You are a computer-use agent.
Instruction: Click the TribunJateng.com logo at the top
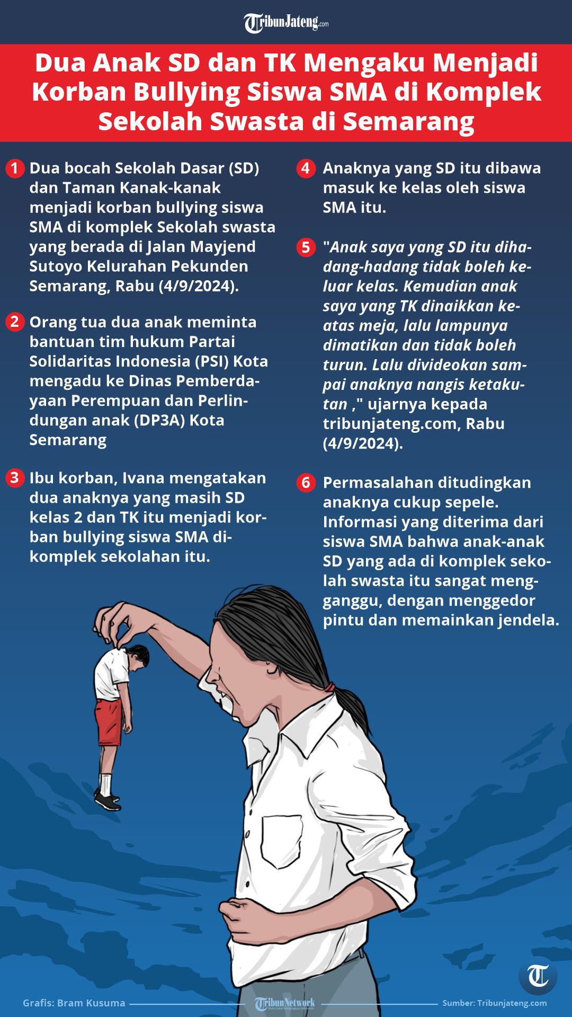pyautogui.click(x=286, y=23)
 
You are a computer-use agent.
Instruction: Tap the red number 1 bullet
pyautogui.click(x=15, y=169)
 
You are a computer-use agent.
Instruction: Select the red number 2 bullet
pyautogui.click(x=15, y=322)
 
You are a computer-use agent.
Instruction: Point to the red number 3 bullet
pyautogui.click(x=15, y=478)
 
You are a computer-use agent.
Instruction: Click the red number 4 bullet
pyautogui.click(x=305, y=169)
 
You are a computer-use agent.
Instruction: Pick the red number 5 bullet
pyautogui.click(x=305, y=247)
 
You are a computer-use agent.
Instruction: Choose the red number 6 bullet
pyautogui.click(x=305, y=483)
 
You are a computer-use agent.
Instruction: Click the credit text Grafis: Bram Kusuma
pyautogui.click(x=74, y=1003)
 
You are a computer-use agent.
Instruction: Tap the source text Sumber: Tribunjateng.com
pyautogui.click(x=495, y=1003)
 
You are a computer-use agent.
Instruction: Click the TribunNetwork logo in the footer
pyautogui.click(x=284, y=1003)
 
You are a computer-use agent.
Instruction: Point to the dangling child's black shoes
pyautogui.click(x=109, y=801)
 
